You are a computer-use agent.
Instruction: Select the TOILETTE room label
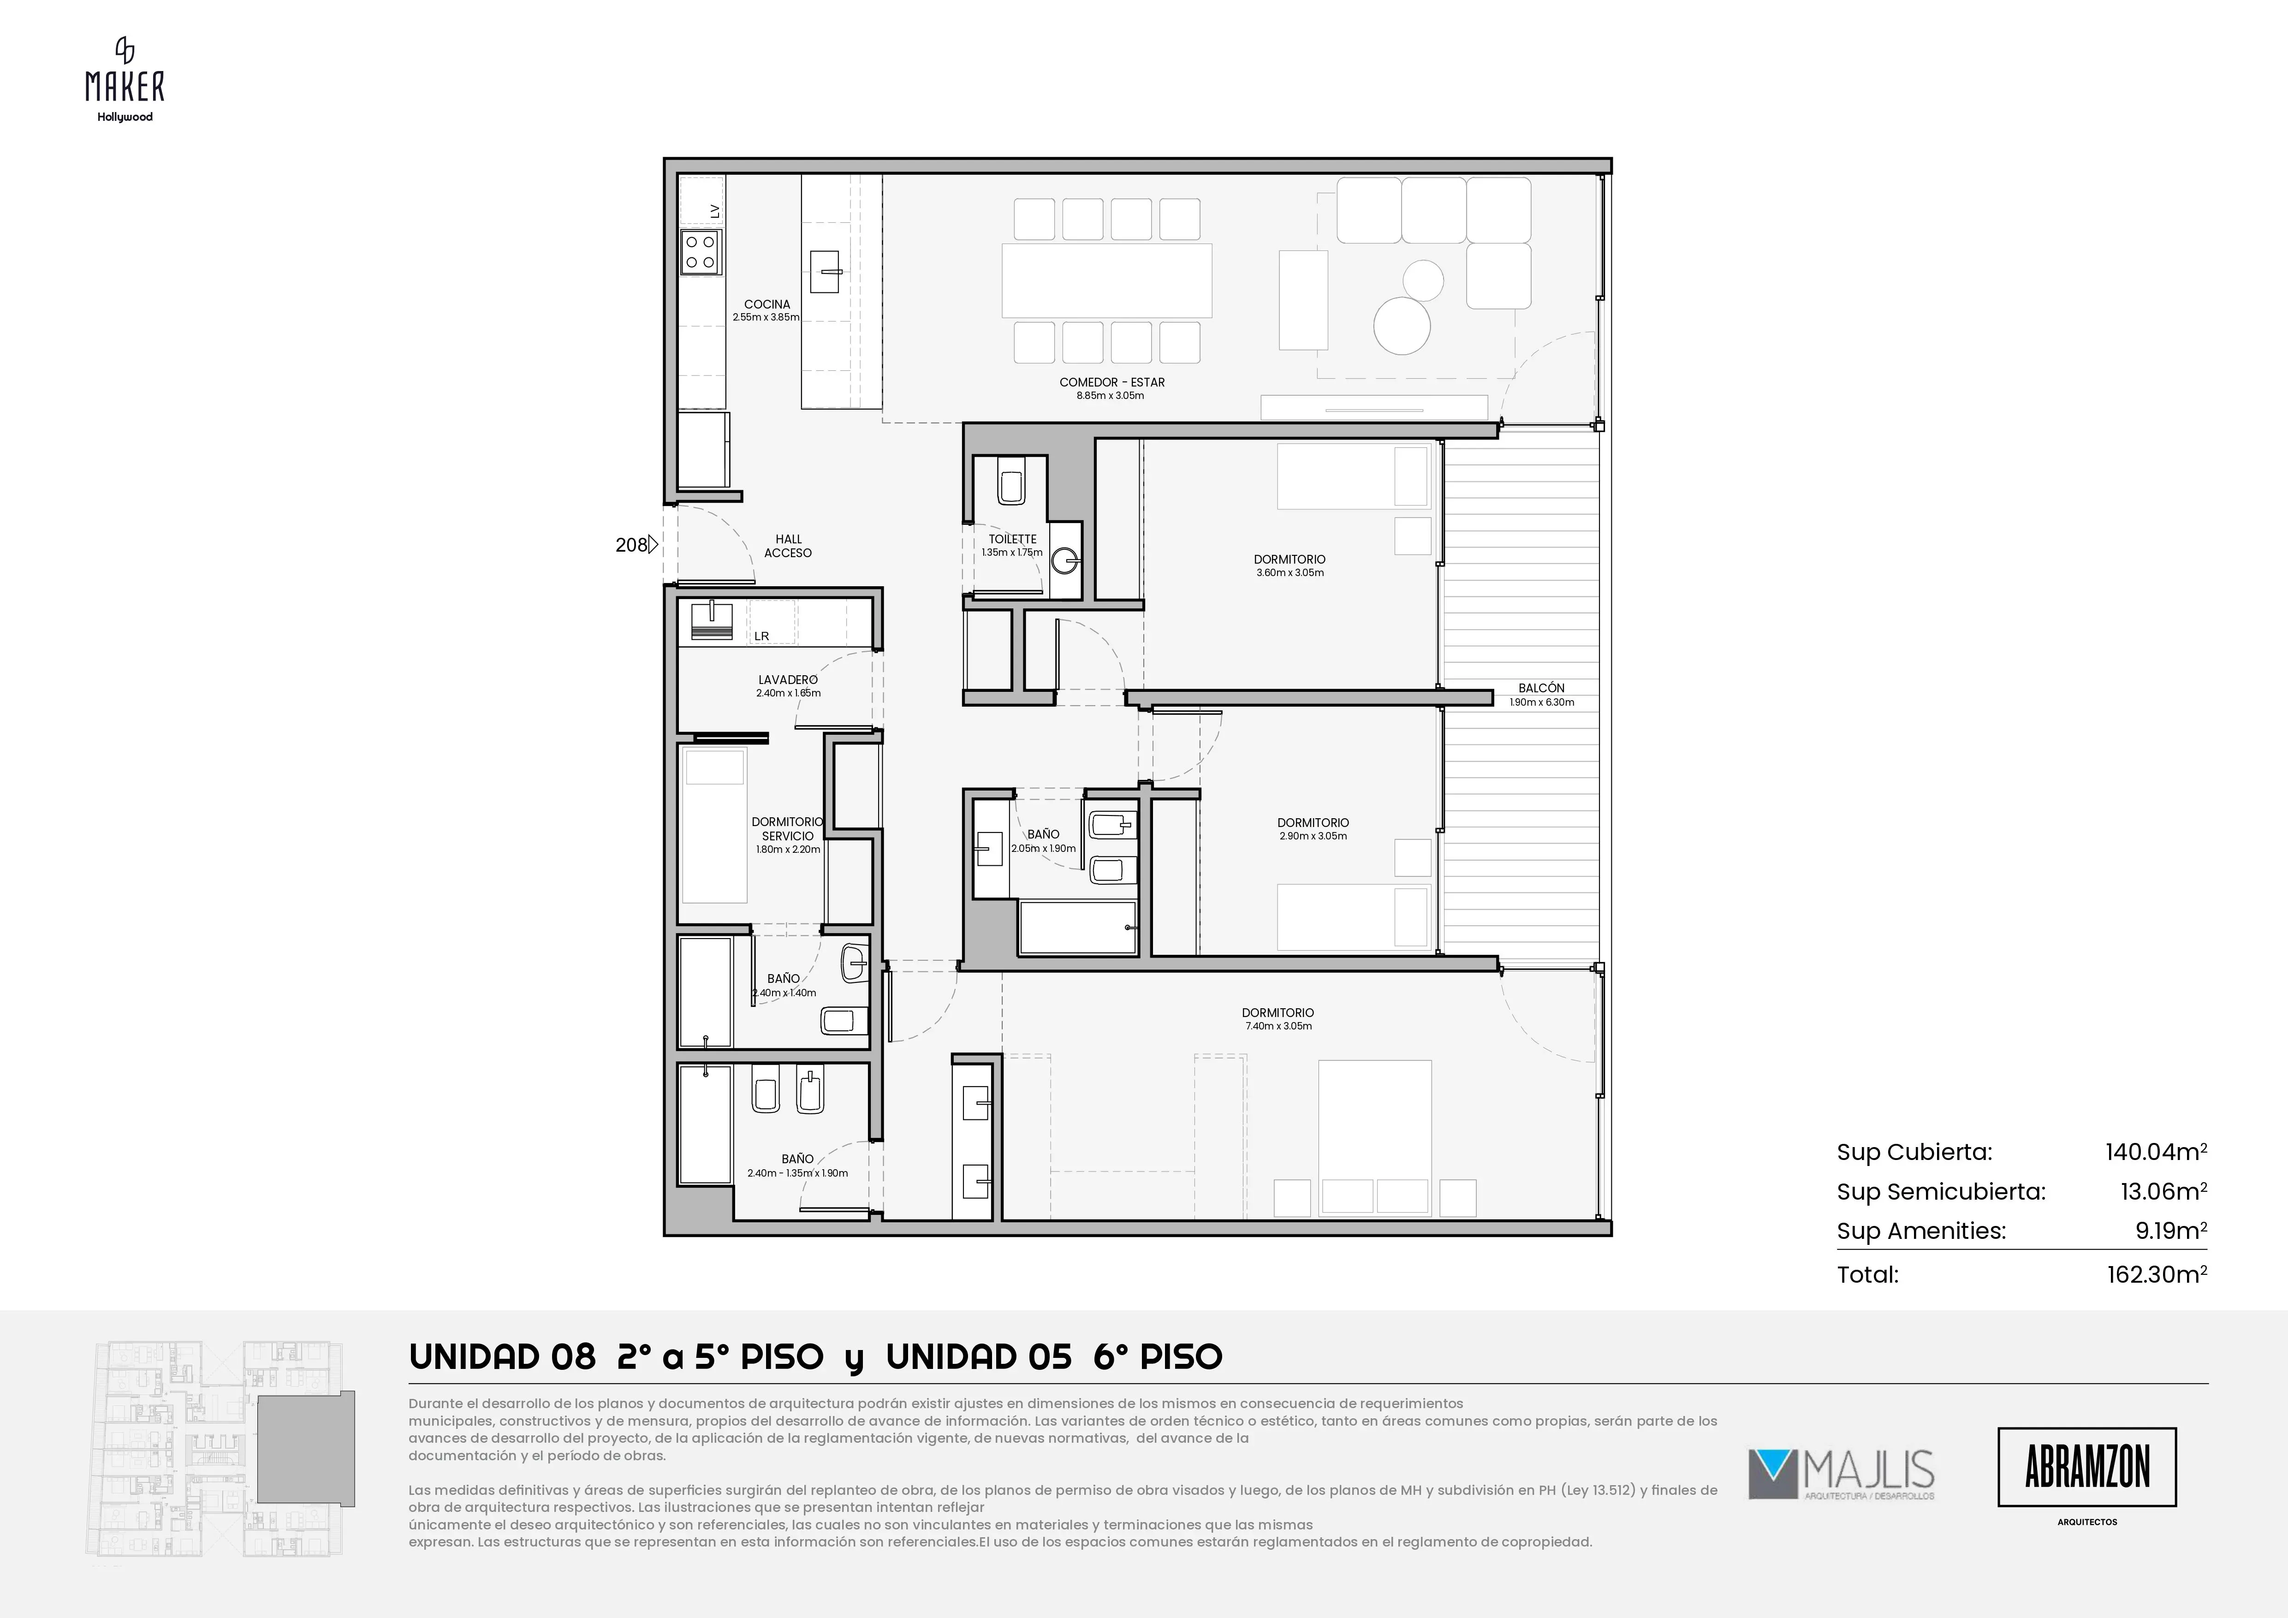[x=1012, y=539]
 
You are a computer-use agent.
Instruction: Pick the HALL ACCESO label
[x=788, y=546]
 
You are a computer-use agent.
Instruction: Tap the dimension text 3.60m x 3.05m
[x=1290, y=573]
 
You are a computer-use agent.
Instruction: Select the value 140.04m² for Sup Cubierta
[x=2156, y=1152]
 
